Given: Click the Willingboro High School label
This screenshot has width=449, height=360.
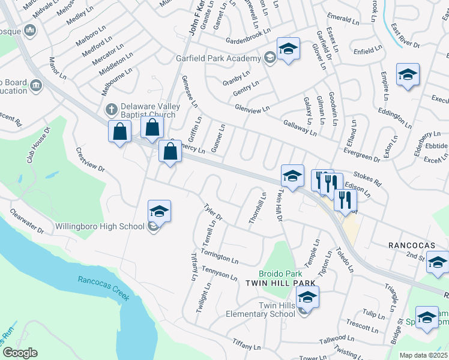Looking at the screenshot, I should click(x=100, y=226).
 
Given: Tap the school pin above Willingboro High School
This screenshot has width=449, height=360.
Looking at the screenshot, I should click(x=159, y=211).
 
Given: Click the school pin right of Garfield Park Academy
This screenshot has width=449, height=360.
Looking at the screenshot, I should click(x=288, y=49).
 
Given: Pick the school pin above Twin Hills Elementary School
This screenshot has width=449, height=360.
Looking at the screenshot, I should click(x=307, y=297).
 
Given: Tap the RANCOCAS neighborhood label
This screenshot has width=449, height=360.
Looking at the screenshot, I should click(x=411, y=245).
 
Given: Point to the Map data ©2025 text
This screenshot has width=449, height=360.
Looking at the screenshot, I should click(x=423, y=355).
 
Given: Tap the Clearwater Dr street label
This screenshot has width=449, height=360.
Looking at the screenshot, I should click(x=27, y=221).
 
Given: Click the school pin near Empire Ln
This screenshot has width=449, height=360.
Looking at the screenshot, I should click(x=408, y=75).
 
